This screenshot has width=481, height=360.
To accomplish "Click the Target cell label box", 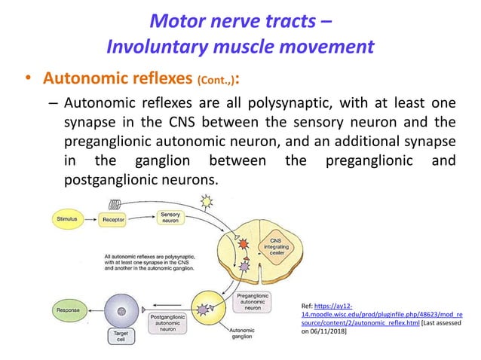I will pyautogui.click(x=120, y=334).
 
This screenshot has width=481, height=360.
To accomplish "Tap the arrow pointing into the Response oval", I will pyautogui.click(x=92, y=309).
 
